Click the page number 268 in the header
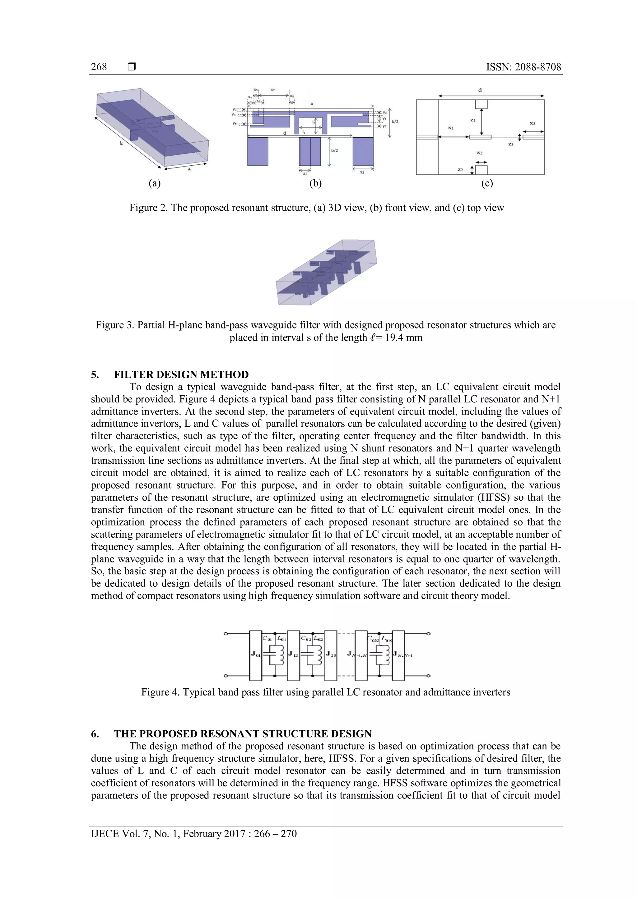coord(99,67)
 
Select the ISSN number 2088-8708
coord(538,67)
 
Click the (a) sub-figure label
coord(155,183)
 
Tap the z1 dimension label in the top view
coord(473,120)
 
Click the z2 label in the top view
coord(461,170)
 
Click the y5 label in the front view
coord(385,118)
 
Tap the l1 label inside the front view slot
coord(304,132)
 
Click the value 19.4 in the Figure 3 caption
coord(393,337)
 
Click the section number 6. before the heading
coord(95,734)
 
